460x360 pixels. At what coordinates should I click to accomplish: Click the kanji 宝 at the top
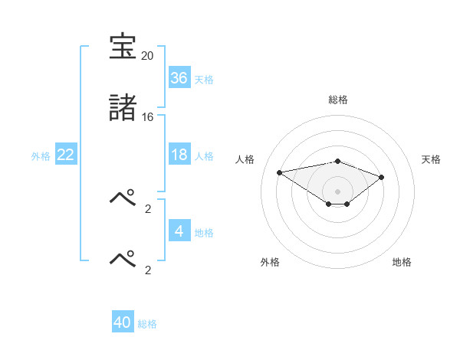click(123, 47)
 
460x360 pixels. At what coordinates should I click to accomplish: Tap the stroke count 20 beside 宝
click(147, 56)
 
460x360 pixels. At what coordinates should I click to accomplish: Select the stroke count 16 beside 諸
click(147, 117)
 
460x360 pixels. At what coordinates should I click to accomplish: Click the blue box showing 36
click(179, 78)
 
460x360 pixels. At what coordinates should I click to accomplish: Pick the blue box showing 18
click(179, 155)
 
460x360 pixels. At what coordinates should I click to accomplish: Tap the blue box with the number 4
click(179, 231)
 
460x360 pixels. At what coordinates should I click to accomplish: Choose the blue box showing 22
click(66, 155)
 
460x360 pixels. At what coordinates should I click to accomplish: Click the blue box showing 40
click(123, 322)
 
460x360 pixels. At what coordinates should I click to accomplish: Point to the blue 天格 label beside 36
click(204, 80)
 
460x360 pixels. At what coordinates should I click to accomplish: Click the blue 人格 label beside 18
click(204, 156)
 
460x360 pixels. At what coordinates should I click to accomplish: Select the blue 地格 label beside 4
click(204, 233)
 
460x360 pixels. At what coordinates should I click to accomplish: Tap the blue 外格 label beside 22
click(41, 156)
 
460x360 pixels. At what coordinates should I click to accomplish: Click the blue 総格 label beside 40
click(147, 324)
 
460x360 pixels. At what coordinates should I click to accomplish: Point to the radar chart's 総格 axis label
click(337, 100)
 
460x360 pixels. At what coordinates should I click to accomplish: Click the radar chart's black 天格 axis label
click(431, 159)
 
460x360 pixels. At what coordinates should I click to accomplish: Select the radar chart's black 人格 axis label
click(245, 159)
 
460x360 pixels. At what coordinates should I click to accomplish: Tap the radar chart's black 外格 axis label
click(270, 262)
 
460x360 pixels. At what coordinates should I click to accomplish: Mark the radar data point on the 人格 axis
click(280, 172)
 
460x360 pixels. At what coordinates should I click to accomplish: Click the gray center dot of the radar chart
click(337, 191)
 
